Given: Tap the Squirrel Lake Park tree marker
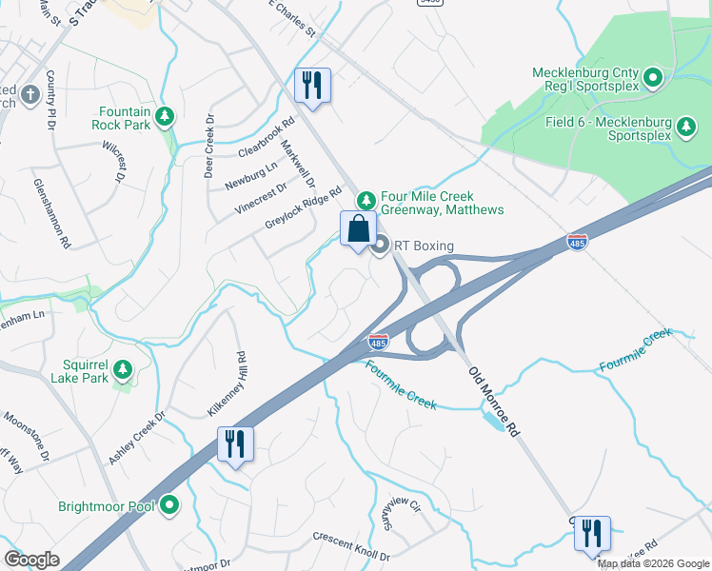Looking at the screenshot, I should [121, 368].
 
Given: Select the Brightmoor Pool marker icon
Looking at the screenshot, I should [169, 505].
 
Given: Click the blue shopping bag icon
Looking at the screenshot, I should [358, 229].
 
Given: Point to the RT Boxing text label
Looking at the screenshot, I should [424, 246].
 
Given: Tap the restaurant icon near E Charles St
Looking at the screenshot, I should [312, 86].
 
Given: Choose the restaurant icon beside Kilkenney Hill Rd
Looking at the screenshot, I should [235, 443].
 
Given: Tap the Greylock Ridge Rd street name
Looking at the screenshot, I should [303, 207].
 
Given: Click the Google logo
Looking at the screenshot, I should [32, 559].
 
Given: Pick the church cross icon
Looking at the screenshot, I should [30, 94].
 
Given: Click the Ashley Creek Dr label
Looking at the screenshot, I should [136, 438].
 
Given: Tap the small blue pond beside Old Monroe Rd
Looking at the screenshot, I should [494, 421].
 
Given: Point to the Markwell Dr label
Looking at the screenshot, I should [297, 164].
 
